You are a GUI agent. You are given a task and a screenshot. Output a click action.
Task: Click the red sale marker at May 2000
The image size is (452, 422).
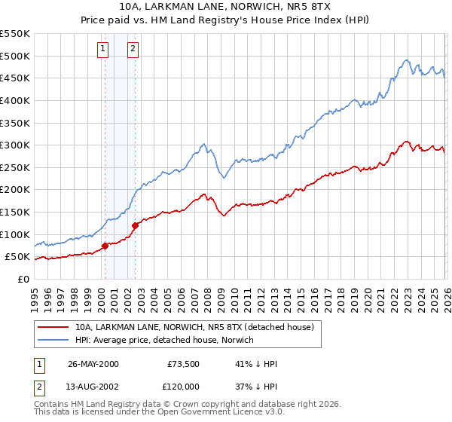pos(105,245)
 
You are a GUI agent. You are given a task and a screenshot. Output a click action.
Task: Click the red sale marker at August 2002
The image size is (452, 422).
pos(135,225)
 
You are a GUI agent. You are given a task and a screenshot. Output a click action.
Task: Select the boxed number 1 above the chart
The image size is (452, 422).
pos(102,50)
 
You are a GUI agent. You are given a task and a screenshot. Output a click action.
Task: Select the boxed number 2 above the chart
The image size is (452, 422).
pos(133,50)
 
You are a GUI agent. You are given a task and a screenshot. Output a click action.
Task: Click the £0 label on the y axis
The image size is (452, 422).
pos(24,279)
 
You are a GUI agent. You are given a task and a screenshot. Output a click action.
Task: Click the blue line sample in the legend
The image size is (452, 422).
pos(54,341)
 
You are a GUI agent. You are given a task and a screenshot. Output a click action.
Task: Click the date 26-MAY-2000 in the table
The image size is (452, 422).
pos(93,364)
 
